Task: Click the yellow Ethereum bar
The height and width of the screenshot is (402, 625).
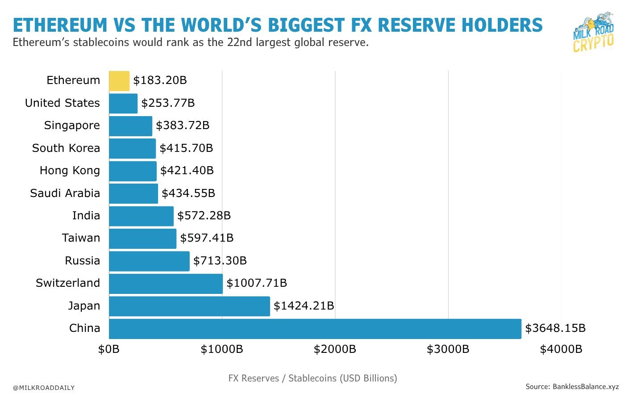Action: point(119,81)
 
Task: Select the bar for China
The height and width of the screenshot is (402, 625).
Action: point(315,329)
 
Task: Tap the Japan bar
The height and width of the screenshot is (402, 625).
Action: point(189,306)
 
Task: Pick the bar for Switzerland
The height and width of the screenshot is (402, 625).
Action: point(166,284)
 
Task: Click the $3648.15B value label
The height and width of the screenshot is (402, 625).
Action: point(555,328)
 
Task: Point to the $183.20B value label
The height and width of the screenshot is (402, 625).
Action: point(160,80)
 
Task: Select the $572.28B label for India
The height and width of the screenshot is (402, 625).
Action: point(204,216)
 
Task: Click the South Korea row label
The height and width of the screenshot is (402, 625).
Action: point(66,148)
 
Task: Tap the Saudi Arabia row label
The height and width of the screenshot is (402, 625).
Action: point(65,193)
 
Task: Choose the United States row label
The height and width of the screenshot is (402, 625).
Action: point(62,103)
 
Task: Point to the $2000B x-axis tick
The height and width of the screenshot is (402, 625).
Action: point(335,349)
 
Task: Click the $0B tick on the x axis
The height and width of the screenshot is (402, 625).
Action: point(109,349)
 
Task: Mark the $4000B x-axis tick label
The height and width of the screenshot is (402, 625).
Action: point(561,349)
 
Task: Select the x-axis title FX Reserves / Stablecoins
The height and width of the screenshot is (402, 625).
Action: point(312,378)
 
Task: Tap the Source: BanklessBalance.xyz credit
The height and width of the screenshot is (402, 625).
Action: point(572,387)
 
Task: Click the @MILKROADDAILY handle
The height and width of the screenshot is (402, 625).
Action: point(44,388)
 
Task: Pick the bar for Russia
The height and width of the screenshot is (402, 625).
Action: point(149,261)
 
